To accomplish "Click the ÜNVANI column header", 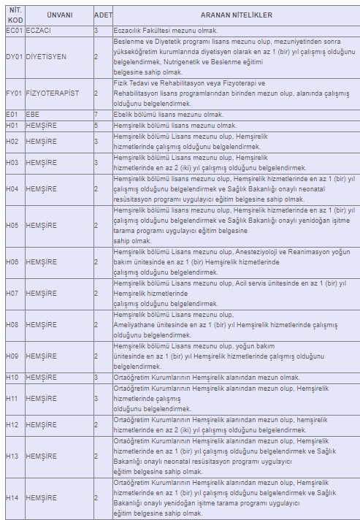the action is click(59, 15).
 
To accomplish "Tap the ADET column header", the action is click(103, 15).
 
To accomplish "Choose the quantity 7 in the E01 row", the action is click(96, 115).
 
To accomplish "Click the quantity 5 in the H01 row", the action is click(96, 126).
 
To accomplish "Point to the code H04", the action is click(12, 189).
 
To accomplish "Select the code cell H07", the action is click(12, 294).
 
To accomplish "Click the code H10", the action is click(12, 377).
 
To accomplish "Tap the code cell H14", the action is click(12, 497).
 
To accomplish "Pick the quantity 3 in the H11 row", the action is click(96, 398).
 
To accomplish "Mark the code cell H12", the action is click(12, 424).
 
